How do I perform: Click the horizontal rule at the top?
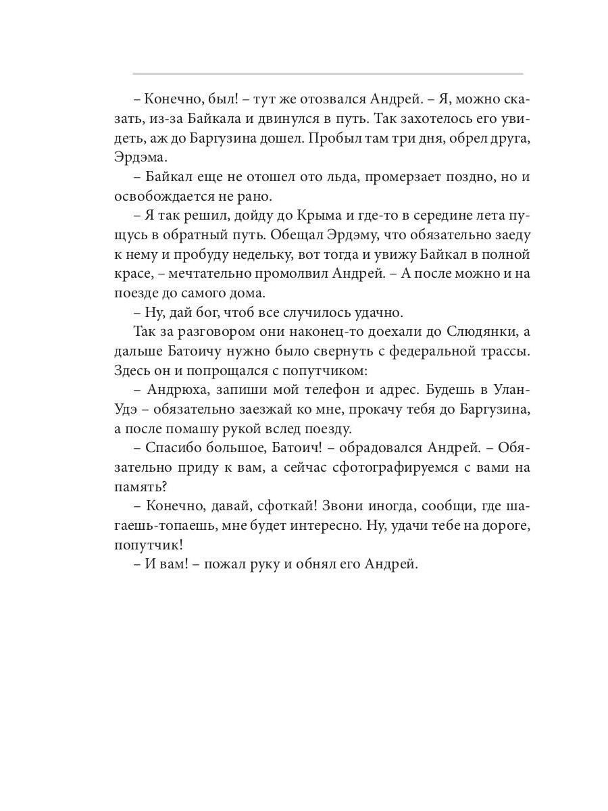tap(328, 73)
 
